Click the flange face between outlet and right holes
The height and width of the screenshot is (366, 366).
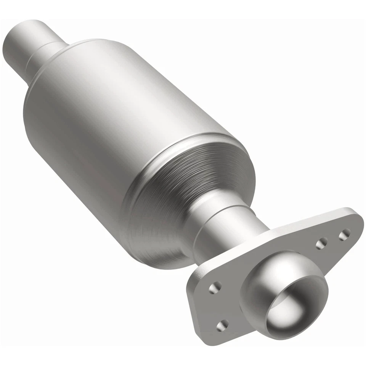tap(313, 259)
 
